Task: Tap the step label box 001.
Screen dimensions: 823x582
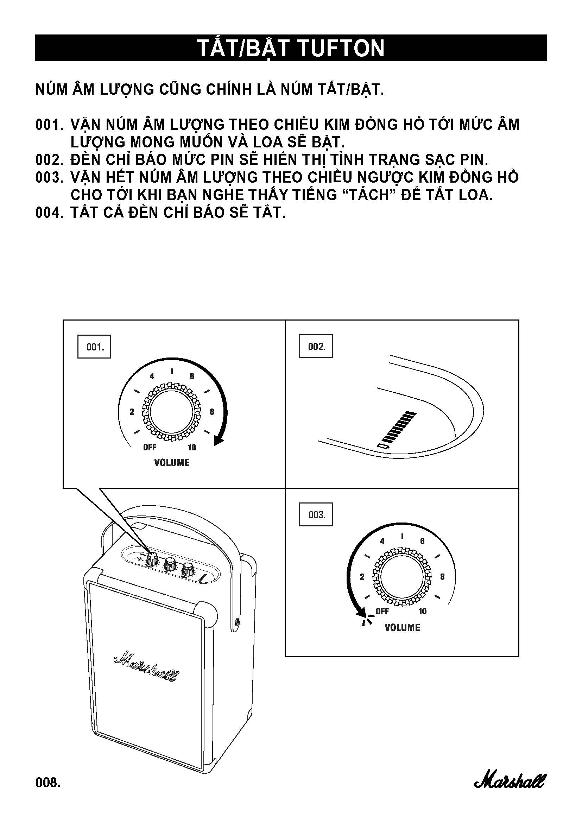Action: (x=94, y=347)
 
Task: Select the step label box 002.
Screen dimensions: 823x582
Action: (x=316, y=346)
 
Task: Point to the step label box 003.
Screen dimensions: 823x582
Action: (x=316, y=515)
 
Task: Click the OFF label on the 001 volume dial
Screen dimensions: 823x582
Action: (x=150, y=447)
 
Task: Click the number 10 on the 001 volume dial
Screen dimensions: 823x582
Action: (x=192, y=447)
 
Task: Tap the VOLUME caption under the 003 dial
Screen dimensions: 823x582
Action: (x=402, y=627)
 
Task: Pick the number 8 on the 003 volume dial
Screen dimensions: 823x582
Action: (x=442, y=577)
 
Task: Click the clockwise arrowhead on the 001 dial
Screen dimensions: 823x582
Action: (x=218, y=441)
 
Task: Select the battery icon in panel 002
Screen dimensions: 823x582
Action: (x=383, y=446)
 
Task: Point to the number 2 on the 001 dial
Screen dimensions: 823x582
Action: (x=132, y=412)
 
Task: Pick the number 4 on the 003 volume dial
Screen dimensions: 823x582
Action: (x=382, y=541)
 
